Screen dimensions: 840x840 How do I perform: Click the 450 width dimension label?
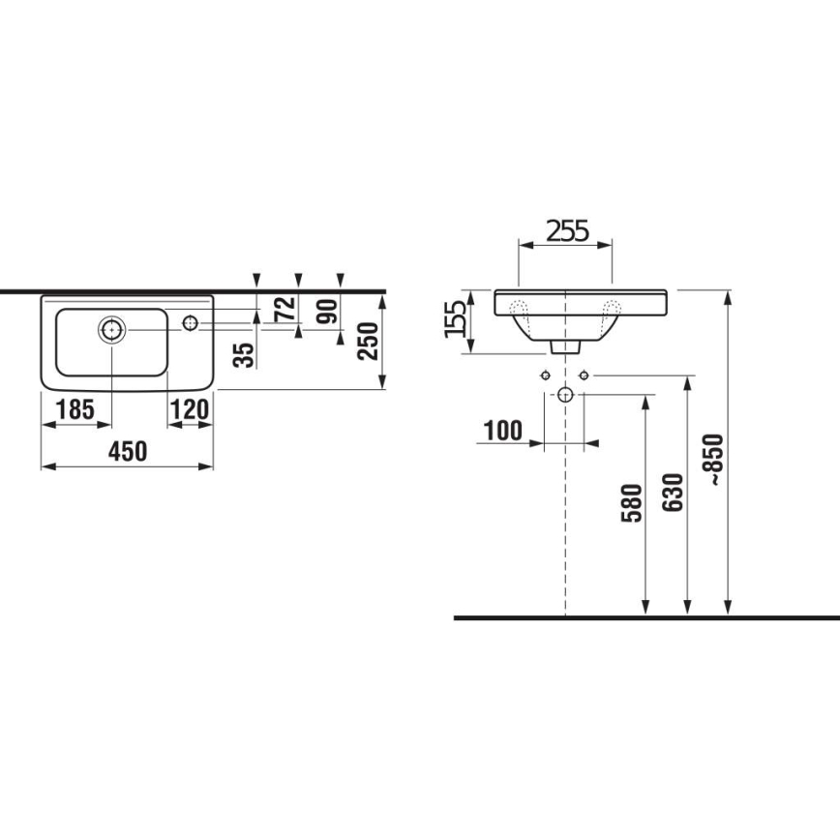click(126, 451)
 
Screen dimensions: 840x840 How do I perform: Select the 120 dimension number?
click(191, 410)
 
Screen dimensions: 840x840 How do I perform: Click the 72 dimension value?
click(284, 310)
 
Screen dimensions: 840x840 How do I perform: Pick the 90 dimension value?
click(327, 310)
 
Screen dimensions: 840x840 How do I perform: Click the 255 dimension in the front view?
click(566, 230)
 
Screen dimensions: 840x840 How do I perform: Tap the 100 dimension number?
click(502, 430)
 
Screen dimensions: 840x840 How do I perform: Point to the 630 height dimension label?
click(675, 492)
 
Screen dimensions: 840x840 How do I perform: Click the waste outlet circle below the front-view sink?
click(565, 394)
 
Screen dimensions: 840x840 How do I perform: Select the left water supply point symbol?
click(545, 375)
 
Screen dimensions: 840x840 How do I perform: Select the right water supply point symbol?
click(584, 375)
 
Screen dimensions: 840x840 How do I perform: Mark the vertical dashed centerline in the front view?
click(565, 513)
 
